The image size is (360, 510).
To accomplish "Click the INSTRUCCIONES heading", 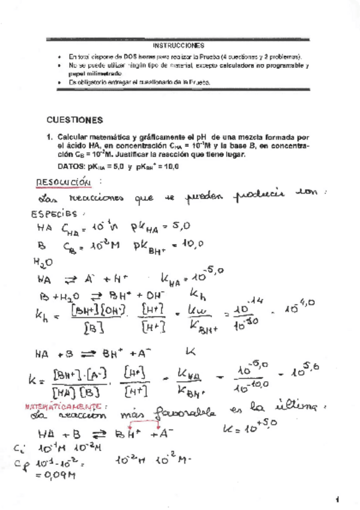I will [180, 45].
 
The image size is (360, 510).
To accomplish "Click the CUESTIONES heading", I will [75, 120].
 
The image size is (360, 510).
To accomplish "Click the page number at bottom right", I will [338, 499].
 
